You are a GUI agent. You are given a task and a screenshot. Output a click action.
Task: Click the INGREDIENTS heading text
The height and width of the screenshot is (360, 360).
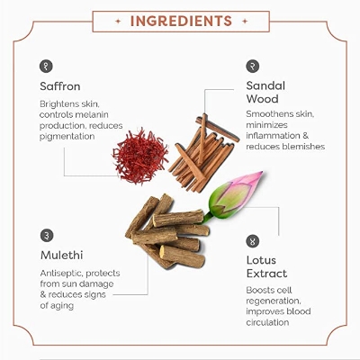(x=181, y=21)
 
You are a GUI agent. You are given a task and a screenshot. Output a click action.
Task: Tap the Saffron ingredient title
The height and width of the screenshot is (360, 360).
(x=60, y=86)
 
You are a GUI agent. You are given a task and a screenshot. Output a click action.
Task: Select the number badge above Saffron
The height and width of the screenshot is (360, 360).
(x=46, y=66)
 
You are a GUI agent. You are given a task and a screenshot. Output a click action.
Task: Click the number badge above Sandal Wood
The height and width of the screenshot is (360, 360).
(x=253, y=66)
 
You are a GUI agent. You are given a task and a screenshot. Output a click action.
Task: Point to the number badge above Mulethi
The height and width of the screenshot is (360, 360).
(x=47, y=236)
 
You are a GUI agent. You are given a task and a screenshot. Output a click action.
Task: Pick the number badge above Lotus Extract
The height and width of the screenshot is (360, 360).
(x=253, y=241)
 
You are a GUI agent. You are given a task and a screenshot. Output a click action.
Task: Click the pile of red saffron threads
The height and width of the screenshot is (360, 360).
(x=140, y=156)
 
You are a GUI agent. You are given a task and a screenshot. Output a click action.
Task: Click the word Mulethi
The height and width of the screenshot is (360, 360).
(x=61, y=256)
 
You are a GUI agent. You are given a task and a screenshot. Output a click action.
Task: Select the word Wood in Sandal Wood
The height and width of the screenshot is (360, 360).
(x=262, y=99)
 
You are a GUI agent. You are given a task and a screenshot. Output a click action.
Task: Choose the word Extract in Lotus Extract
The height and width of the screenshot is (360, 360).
(x=266, y=274)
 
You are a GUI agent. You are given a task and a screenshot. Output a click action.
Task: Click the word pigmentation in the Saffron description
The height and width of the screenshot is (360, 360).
(x=67, y=137)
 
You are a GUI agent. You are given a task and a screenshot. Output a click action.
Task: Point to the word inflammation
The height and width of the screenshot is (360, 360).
(x=273, y=136)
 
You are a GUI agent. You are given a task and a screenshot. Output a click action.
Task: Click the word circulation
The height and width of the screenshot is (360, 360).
(x=267, y=322)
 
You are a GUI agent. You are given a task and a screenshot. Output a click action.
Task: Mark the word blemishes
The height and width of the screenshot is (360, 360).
(x=303, y=147)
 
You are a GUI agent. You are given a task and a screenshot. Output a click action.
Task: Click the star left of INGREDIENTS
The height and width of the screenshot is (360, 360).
(x=118, y=22)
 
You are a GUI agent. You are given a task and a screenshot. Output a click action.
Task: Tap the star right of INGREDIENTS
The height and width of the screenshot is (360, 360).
(x=245, y=22)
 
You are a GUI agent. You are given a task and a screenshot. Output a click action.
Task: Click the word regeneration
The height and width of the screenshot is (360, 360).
(x=274, y=301)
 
